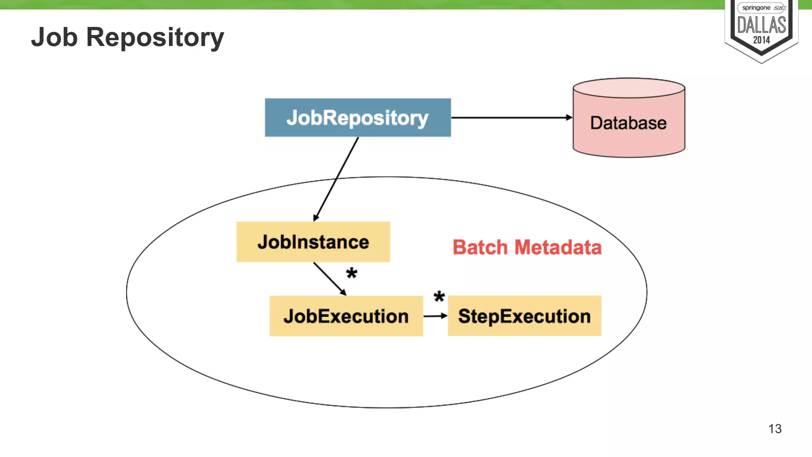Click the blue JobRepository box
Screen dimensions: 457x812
pos(358,117)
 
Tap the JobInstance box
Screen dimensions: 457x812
pos(313,242)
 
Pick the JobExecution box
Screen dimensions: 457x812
pos(346,316)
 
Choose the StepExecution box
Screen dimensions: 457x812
pos(524,316)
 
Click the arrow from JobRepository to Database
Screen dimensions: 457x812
pos(511,117)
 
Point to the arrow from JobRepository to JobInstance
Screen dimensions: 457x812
pos(336,179)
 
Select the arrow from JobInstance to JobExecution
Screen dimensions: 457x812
pos(329,278)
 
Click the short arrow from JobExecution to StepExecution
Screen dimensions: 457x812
pos(435,316)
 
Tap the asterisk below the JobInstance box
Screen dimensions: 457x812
pos(352,273)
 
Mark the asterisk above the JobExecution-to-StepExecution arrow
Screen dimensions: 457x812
pos(439,296)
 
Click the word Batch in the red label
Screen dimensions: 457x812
pos(480,247)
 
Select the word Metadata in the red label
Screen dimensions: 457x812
pos(558,247)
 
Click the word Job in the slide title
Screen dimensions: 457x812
pos(54,37)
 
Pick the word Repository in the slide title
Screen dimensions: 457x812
pos(155,38)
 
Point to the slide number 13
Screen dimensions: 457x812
pos(775,428)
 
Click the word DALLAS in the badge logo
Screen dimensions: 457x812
pos(761,25)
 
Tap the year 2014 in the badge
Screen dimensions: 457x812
pos(761,40)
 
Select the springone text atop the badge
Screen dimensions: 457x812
pos(756,8)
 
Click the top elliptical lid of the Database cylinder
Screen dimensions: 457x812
pos(629,88)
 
